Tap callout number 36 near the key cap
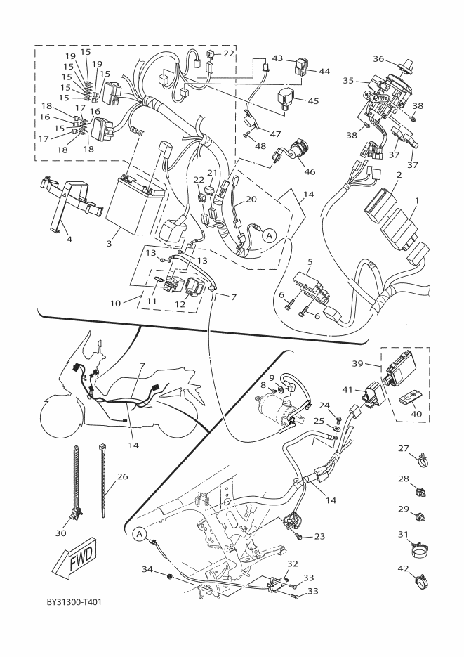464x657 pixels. [x=379, y=59]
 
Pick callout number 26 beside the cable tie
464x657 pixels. [x=123, y=476]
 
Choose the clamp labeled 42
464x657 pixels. [x=423, y=580]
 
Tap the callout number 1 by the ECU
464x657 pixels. [x=417, y=200]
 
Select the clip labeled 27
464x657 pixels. [x=423, y=462]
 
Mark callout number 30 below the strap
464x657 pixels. [x=60, y=533]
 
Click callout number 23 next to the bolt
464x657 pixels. [x=319, y=536]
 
